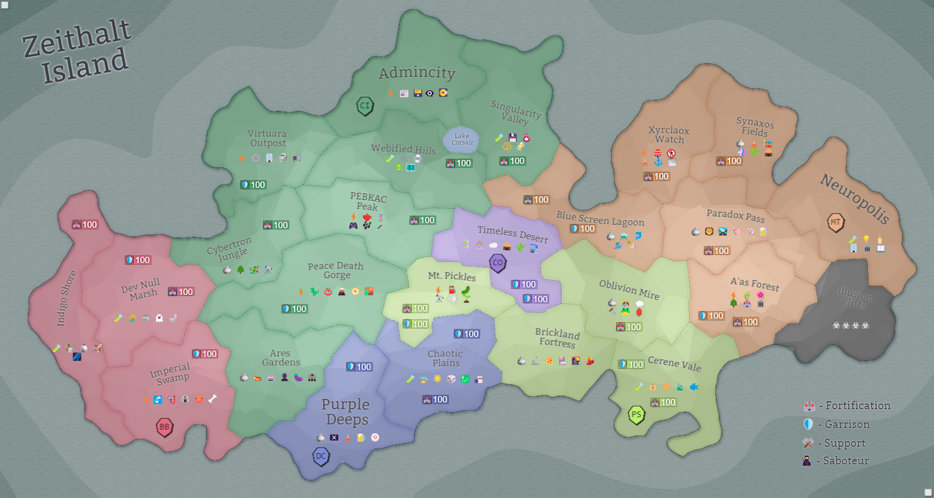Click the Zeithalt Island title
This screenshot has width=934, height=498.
(77, 51)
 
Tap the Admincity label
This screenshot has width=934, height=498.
(417, 73)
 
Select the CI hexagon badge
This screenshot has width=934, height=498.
(364, 105)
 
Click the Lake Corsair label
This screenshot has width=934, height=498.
(462, 139)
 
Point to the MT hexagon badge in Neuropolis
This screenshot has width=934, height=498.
(835, 222)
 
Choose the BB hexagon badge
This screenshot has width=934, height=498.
(164, 427)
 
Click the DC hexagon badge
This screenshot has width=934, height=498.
(321, 456)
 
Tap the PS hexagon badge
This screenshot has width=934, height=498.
(636, 414)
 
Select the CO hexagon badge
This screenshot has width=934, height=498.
(498, 263)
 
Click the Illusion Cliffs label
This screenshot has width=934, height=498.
(854, 297)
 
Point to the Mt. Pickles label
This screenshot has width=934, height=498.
(452, 276)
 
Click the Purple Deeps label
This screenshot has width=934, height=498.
(346, 411)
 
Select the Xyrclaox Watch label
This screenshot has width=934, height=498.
(669, 135)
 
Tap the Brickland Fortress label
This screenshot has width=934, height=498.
(558, 338)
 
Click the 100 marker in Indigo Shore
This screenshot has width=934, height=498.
(85, 225)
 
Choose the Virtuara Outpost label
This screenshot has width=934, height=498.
(267, 138)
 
